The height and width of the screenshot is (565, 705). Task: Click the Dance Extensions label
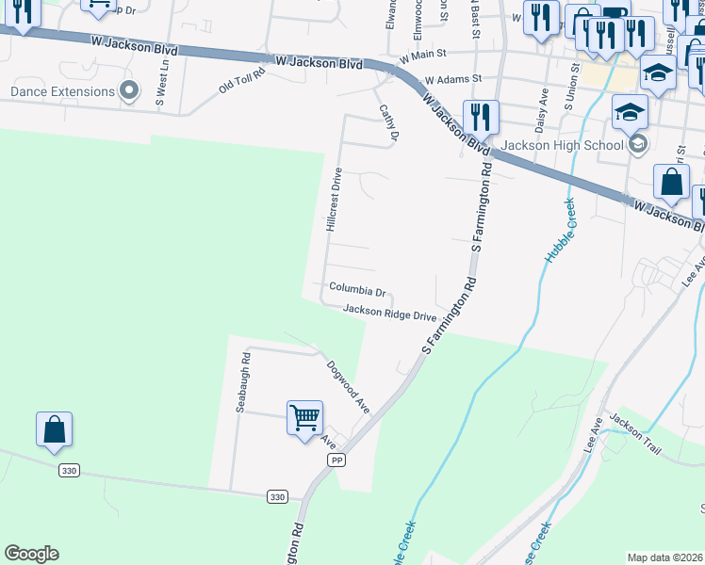[62, 92]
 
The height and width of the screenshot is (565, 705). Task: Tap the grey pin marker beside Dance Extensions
[131, 91]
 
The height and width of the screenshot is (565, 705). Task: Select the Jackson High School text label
[562, 145]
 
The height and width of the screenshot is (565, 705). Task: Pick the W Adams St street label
[452, 80]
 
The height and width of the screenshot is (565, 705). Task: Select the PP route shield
[336, 460]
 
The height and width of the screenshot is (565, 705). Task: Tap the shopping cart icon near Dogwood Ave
[304, 416]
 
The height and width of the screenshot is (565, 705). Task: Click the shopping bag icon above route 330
[55, 428]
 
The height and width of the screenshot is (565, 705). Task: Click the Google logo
[31, 554]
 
